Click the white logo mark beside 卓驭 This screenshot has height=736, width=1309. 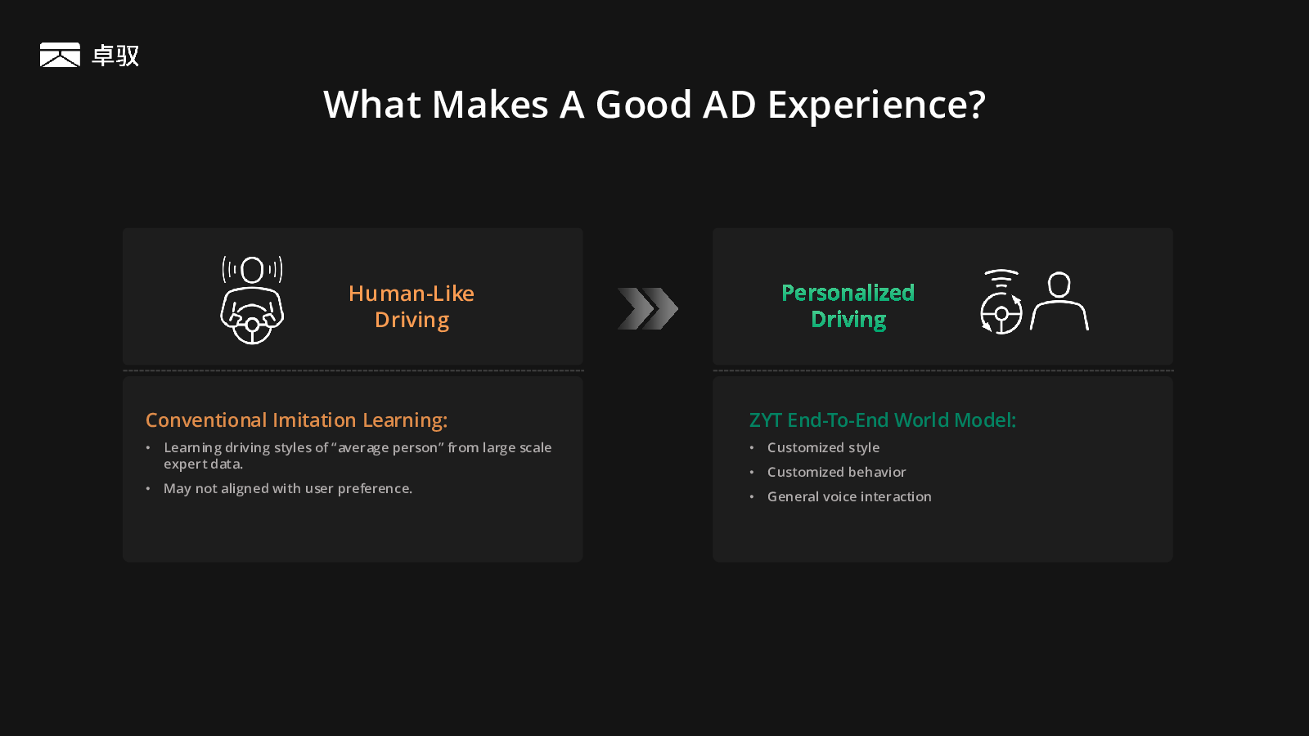[x=60, y=55]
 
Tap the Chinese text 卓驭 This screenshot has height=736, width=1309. [x=115, y=56]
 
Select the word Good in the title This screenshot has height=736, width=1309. [x=643, y=105]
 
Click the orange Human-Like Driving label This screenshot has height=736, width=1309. [x=412, y=307]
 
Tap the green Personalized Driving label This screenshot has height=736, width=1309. [x=848, y=306]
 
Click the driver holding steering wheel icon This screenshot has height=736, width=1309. [x=252, y=300]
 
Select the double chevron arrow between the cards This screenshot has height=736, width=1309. [x=647, y=308]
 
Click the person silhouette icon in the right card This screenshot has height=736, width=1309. [x=1059, y=301]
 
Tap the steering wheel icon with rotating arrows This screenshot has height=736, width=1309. [x=1001, y=302]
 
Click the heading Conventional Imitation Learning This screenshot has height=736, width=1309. [x=296, y=420]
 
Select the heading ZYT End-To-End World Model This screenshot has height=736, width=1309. [x=883, y=420]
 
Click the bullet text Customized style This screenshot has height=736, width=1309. [x=823, y=447]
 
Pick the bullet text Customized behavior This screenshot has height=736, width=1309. [x=836, y=472]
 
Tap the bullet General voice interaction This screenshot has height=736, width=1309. [x=849, y=496]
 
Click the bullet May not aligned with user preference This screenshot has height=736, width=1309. [x=287, y=488]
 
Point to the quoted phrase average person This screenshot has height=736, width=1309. [x=388, y=448]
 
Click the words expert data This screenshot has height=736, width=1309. [x=203, y=464]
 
